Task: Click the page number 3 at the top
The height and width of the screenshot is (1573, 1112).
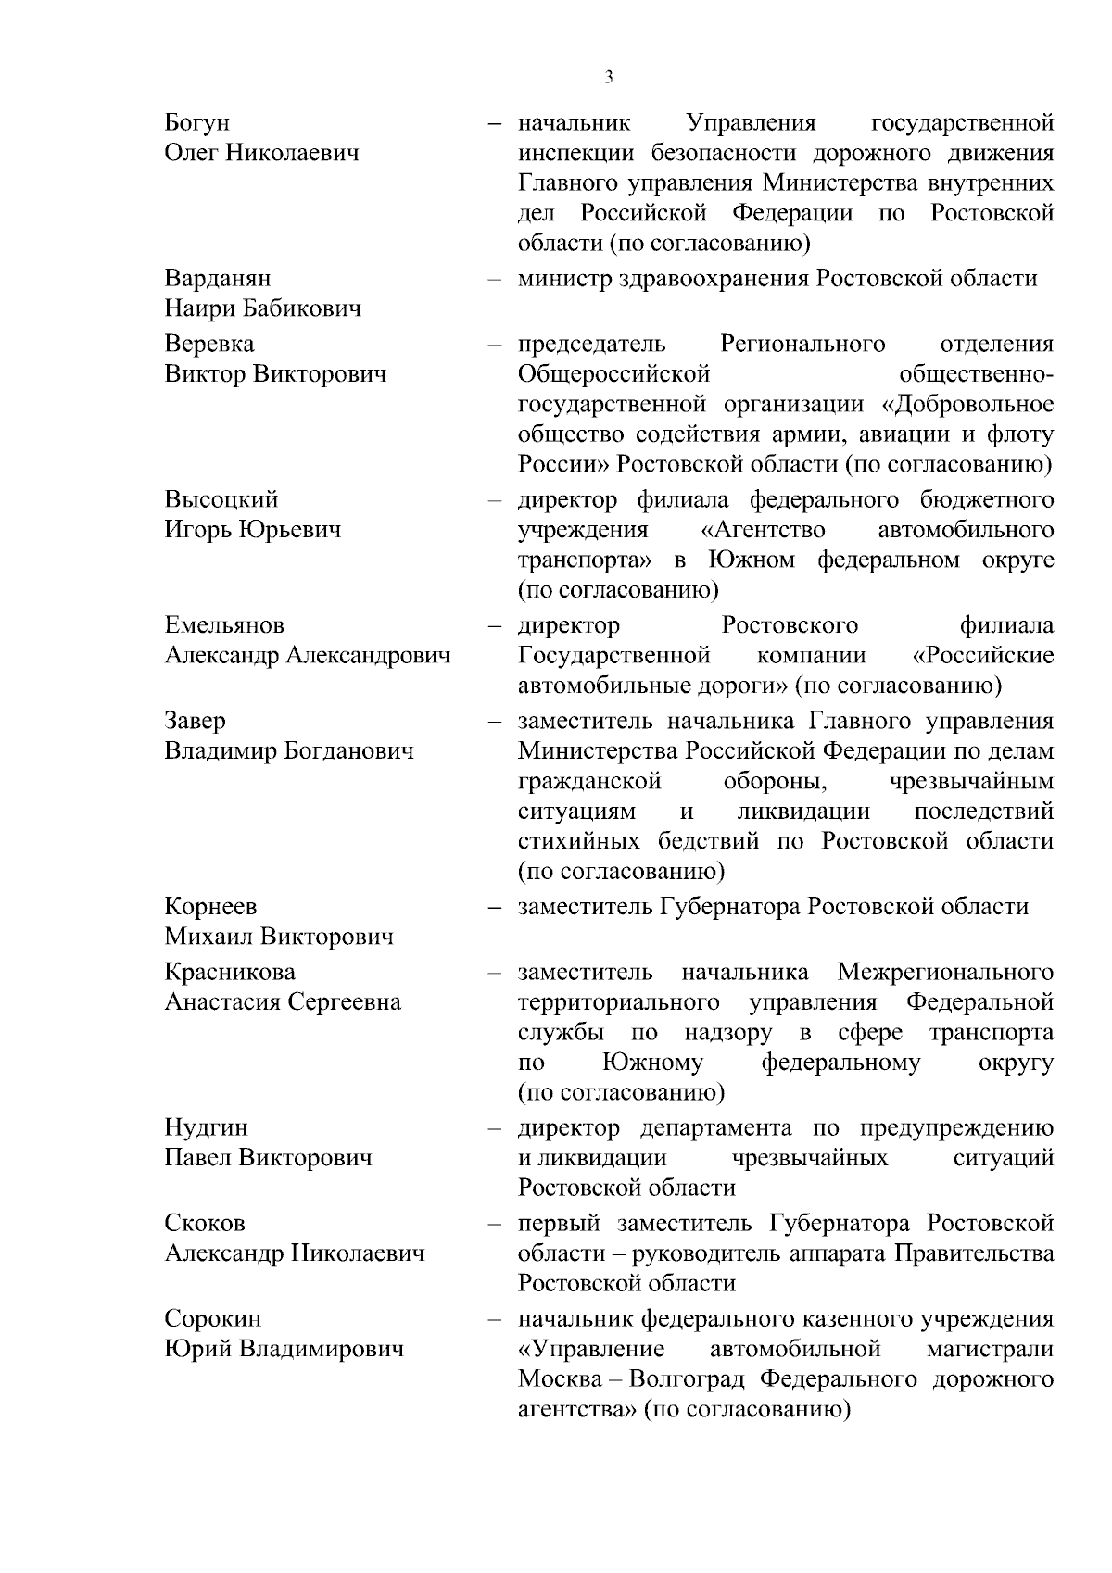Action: tap(608, 78)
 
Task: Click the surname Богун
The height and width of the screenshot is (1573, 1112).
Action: tap(197, 123)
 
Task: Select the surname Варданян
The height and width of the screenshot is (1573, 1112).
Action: tap(218, 279)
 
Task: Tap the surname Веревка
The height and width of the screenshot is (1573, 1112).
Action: tap(209, 345)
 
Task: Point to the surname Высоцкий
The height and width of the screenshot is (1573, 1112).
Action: tap(221, 500)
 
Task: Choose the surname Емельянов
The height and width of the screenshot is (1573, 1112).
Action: tap(225, 626)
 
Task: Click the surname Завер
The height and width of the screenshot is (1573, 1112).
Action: tap(196, 721)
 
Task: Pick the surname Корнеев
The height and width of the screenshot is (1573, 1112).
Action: tap(210, 907)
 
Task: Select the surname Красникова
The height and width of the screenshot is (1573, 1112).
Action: tap(230, 973)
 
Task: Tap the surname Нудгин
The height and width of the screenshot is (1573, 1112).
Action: tap(207, 1128)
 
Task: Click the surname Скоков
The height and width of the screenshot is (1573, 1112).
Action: tap(205, 1224)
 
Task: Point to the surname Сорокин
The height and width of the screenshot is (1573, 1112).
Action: tap(213, 1319)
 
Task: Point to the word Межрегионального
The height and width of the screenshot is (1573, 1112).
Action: tap(945, 973)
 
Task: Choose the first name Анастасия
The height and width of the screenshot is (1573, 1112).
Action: tap(222, 1002)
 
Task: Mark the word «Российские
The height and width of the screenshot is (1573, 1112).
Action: tap(983, 656)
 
